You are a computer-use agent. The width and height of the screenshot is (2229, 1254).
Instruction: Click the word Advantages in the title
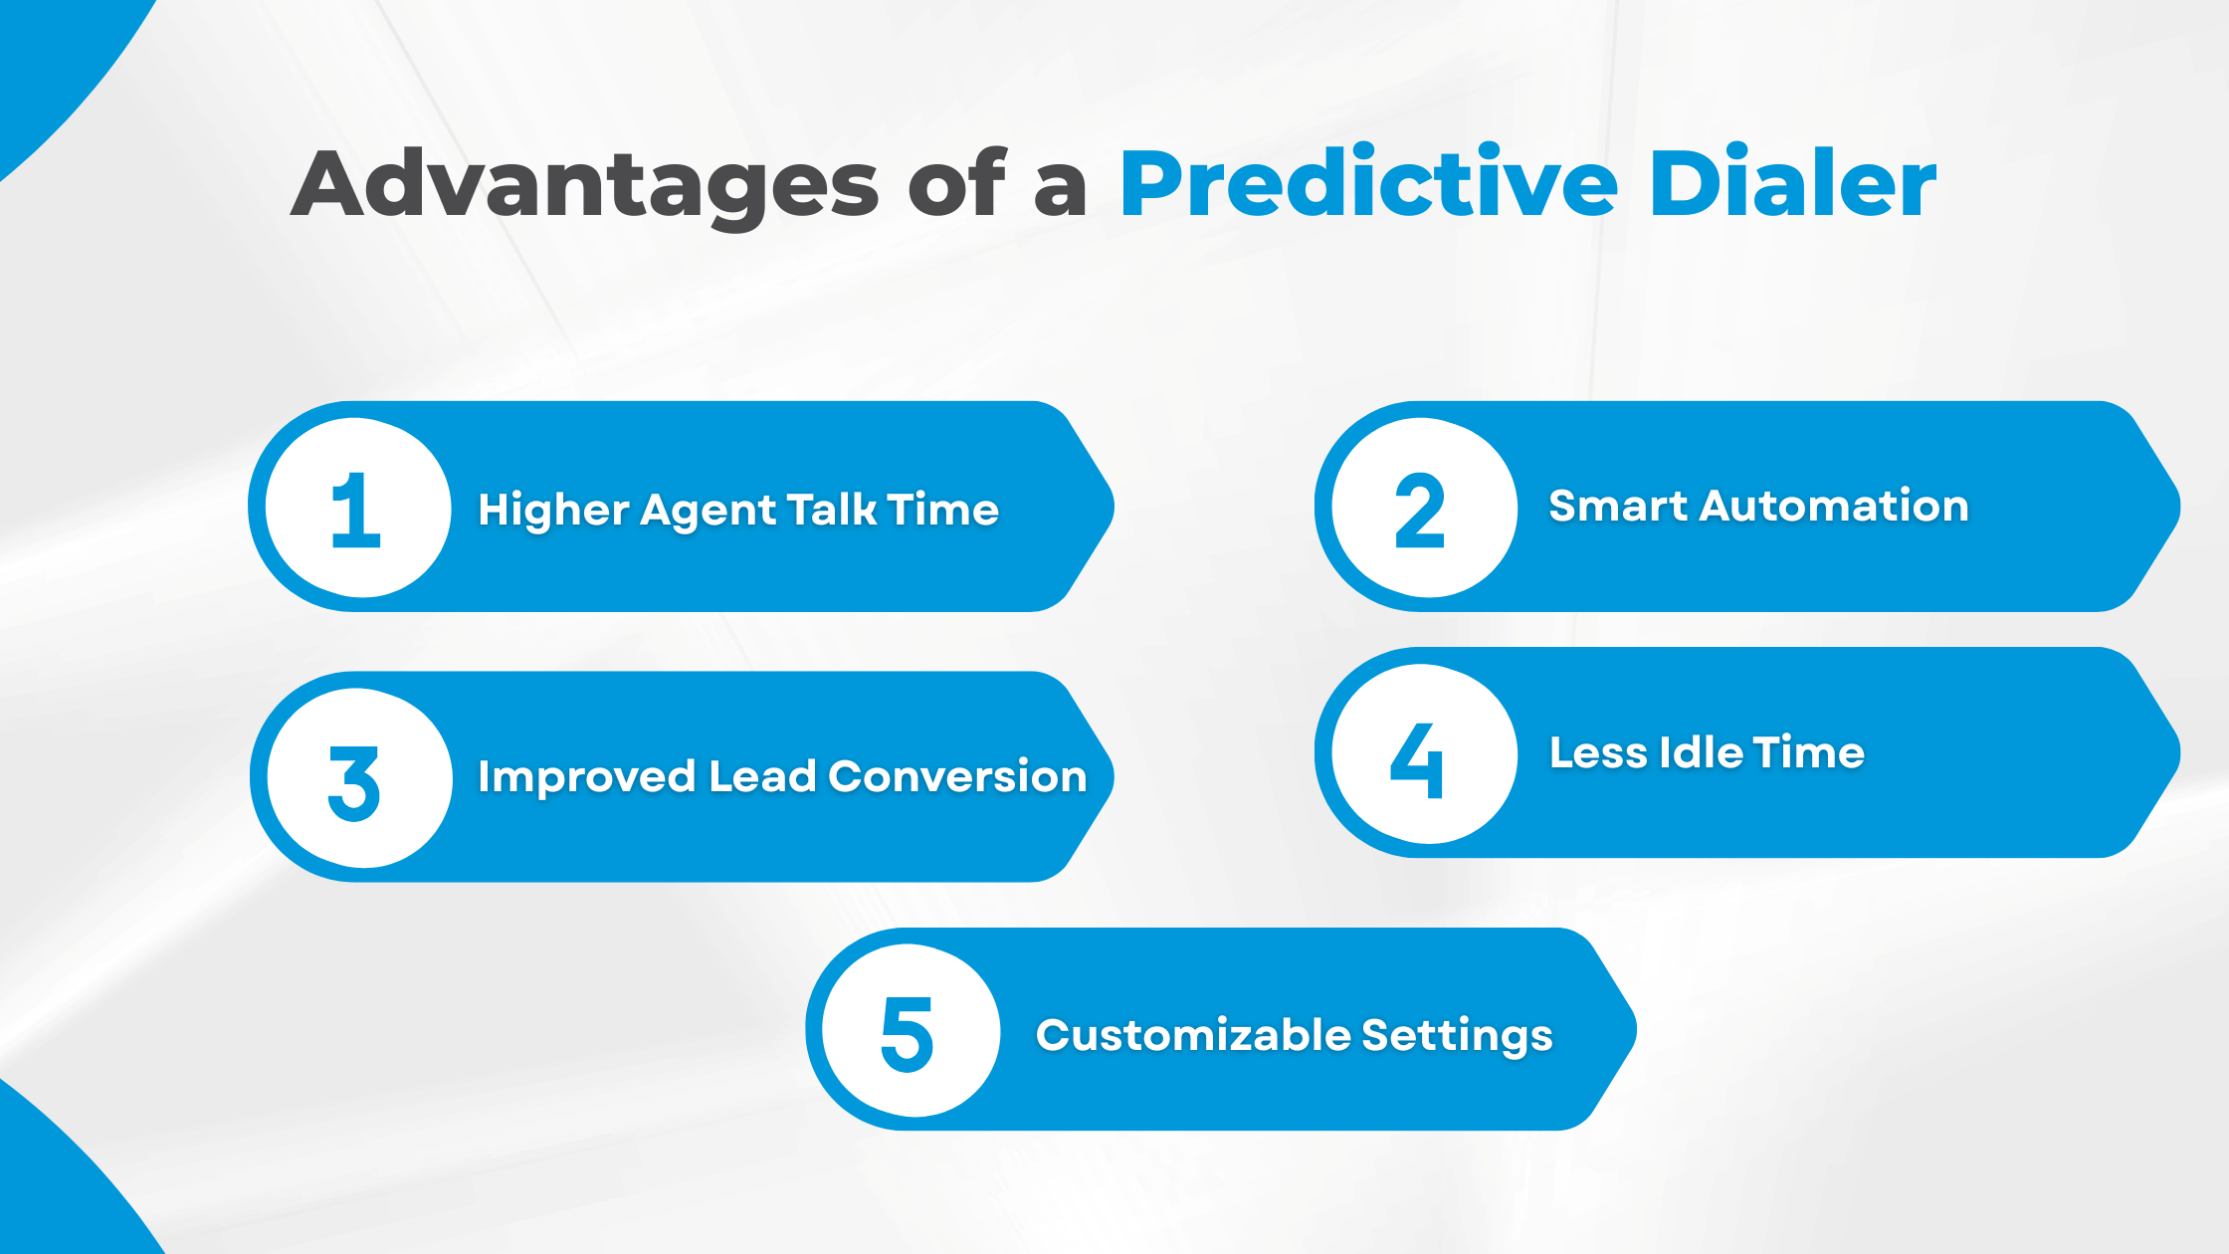tap(585, 185)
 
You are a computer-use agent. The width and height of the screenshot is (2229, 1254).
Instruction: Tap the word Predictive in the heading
tap(1367, 185)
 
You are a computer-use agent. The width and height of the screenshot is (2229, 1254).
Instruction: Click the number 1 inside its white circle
tap(356, 510)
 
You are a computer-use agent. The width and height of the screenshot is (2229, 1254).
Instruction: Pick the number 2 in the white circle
tap(1420, 510)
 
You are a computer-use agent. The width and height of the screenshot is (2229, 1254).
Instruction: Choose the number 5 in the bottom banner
tap(907, 1034)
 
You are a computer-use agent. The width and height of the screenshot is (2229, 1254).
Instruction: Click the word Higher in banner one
tap(553, 511)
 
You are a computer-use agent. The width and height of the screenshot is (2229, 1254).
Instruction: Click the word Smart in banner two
tap(1618, 507)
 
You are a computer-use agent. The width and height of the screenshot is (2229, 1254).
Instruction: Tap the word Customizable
tap(1193, 1035)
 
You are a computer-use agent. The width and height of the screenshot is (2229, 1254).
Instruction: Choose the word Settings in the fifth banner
tap(1457, 1036)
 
